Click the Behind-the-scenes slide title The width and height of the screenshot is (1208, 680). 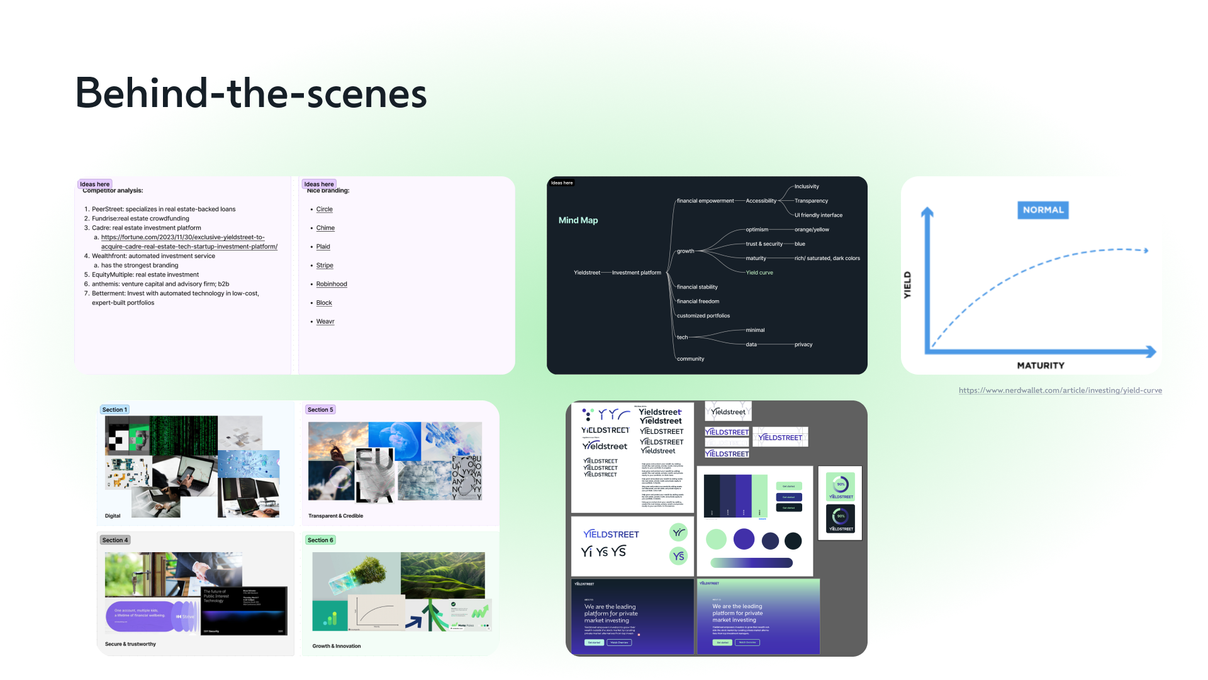(251, 93)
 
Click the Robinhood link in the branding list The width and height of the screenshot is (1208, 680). (332, 284)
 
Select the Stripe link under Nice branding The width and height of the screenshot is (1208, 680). (325, 265)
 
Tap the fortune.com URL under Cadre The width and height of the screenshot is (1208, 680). (189, 242)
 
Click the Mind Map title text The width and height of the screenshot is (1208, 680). (578, 220)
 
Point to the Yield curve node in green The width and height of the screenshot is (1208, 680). (759, 273)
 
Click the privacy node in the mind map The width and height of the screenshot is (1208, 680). (803, 344)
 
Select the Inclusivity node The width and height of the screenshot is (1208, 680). (807, 186)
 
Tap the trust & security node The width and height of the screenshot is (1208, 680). (764, 244)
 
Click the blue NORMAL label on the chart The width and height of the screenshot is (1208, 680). (1043, 210)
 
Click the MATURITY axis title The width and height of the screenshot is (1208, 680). (1041, 365)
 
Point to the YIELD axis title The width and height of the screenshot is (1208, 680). (907, 285)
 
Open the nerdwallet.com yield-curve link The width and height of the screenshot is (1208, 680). (1060, 390)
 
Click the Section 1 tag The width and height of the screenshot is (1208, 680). (115, 410)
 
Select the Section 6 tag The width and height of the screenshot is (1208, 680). (320, 540)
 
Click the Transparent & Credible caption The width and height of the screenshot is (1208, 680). (335, 516)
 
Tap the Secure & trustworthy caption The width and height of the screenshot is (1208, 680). (130, 644)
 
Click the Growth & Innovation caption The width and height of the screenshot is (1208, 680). (337, 646)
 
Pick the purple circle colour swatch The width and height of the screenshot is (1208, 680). (744, 539)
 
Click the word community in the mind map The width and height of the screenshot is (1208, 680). (690, 359)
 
